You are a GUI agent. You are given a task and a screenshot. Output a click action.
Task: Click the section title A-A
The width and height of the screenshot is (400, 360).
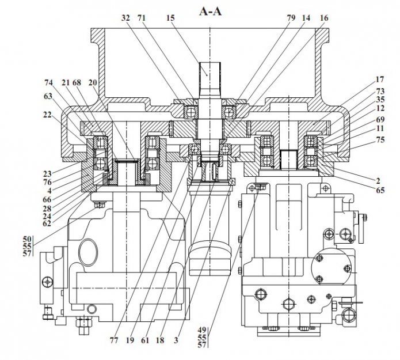210,10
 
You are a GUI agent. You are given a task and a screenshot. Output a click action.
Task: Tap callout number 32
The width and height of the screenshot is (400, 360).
126,18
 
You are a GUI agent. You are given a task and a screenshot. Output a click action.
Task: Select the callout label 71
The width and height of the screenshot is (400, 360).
142,18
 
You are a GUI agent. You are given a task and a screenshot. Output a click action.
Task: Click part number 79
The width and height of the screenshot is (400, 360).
291,18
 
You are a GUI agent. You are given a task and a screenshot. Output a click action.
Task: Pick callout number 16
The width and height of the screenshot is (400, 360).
324,18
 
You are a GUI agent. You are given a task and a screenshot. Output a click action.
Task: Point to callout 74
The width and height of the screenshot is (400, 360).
49,82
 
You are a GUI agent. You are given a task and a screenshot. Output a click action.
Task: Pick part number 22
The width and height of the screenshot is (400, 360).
47,115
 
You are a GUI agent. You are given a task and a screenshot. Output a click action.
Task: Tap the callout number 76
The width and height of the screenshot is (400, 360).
48,182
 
